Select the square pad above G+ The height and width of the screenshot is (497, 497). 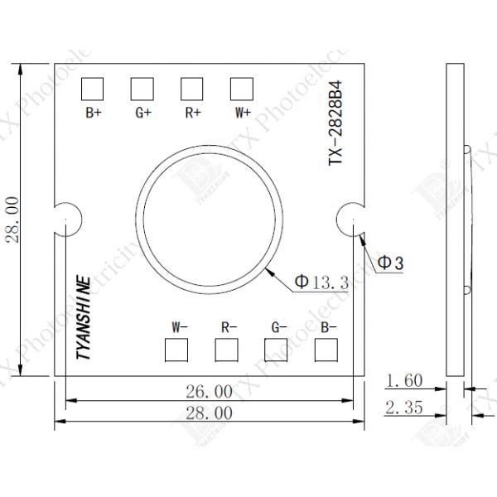coord(142,88)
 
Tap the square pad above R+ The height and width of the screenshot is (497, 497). coord(192,88)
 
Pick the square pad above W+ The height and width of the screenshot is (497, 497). coord(241,88)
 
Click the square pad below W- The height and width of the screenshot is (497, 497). coord(176,351)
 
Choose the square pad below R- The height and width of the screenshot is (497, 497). coord(226,351)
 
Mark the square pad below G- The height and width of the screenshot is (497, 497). coord(276,351)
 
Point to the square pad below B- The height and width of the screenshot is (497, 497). coord(327,351)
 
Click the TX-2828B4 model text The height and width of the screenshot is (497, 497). coord(336,124)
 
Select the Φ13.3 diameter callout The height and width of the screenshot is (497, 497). coord(320,282)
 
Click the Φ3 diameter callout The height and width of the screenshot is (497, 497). coord(390,263)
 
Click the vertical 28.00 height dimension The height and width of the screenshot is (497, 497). coord(12,220)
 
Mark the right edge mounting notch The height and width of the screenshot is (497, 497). coord(350,219)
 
